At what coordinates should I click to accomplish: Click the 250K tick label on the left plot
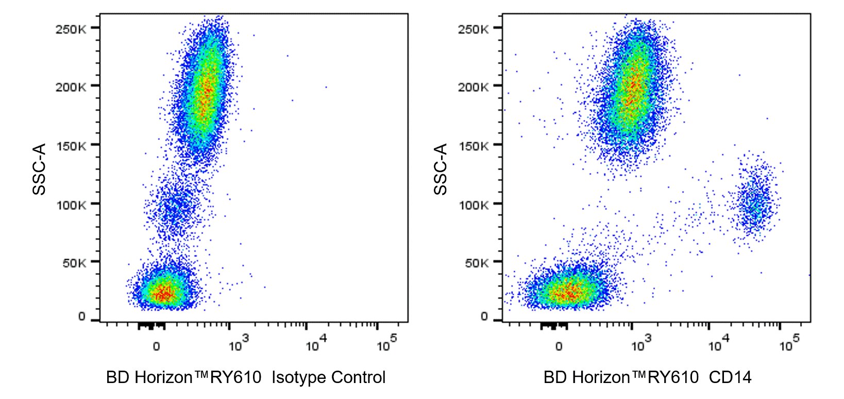[70, 29]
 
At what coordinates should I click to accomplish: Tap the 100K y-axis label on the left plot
[70, 205]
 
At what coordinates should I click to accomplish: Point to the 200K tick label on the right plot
[472, 87]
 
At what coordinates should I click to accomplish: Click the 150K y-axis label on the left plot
[70, 146]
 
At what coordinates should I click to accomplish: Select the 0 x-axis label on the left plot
[156, 346]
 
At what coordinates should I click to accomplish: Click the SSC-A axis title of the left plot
[40, 169]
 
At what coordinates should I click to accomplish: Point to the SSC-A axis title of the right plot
[441, 169]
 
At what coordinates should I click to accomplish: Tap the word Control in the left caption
[358, 378]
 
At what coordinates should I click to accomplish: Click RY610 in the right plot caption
[672, 378]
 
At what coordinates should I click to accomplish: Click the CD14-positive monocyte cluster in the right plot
[755, 204]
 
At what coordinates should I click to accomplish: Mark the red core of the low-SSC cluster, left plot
[163, 293]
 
